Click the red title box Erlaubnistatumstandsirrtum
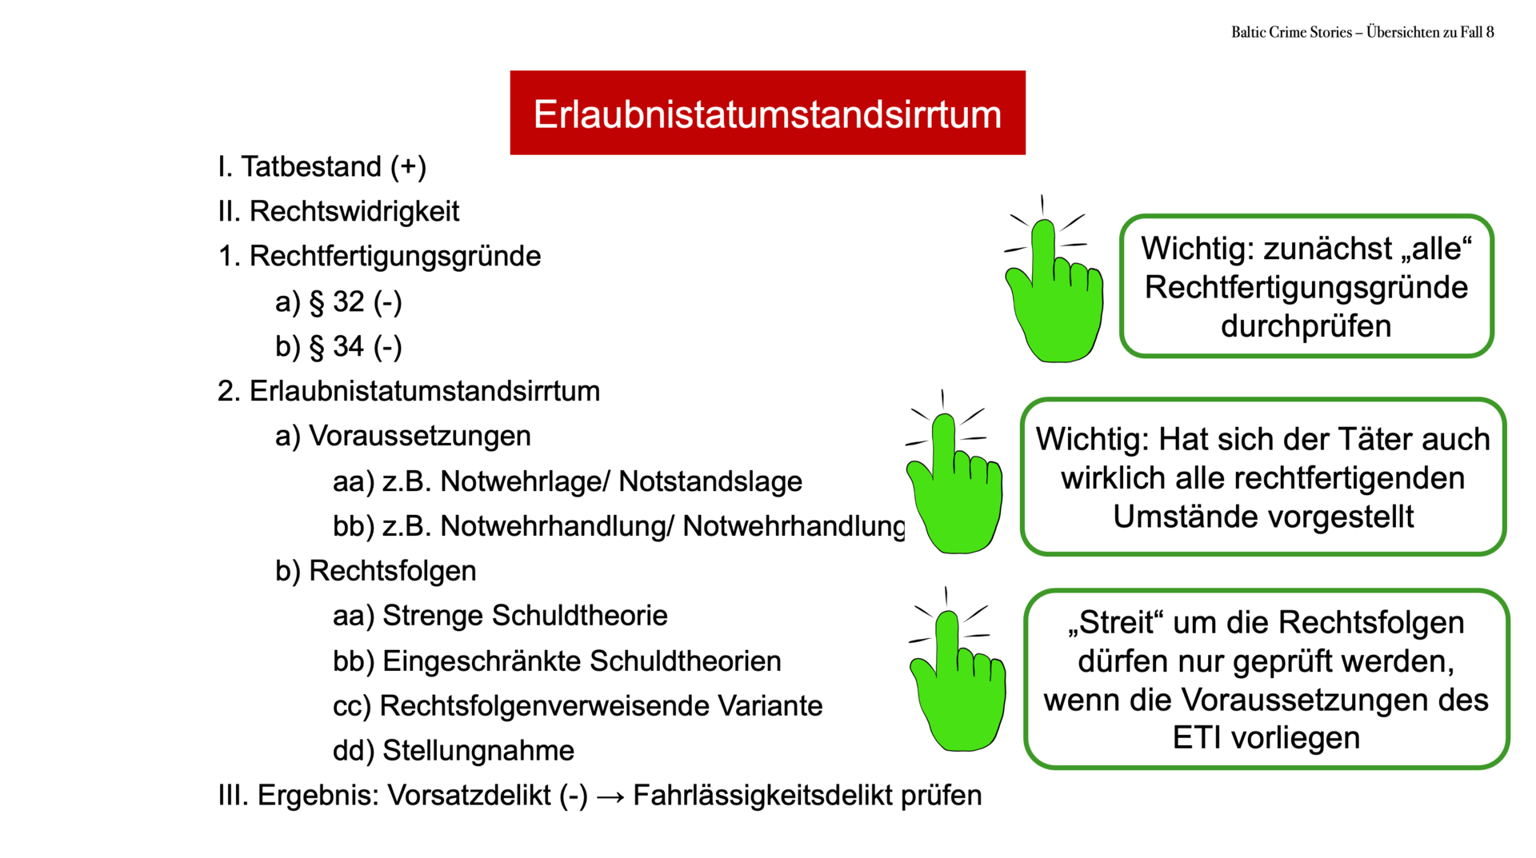point(767,113)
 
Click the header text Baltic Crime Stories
point(1291,32)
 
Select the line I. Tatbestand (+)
point(322,166)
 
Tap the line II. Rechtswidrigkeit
point(338,211)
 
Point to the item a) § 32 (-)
point(338,301)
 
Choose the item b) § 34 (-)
point(338,346)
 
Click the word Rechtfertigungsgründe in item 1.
point(395,257)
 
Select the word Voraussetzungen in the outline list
point(420,436)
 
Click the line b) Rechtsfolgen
point(375,571)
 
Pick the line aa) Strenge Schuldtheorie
point(500,616)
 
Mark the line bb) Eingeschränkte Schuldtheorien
point(557,661)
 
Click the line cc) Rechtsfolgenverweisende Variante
point(578,706)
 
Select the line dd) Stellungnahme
point(454,751)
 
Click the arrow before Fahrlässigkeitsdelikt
point(610,797)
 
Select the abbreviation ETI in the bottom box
point(1197,737)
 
